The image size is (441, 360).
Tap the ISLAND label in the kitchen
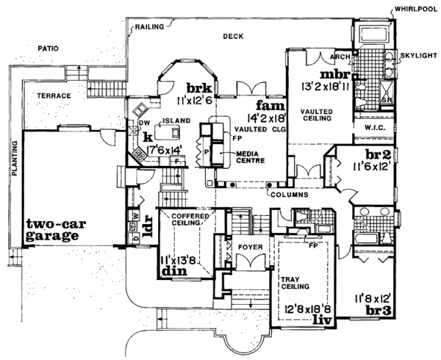(177, 120)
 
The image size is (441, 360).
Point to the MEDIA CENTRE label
(251, 156)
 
